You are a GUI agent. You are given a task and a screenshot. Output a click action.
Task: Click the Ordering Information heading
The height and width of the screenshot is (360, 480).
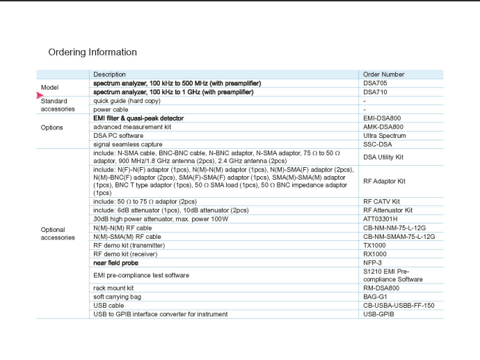93,52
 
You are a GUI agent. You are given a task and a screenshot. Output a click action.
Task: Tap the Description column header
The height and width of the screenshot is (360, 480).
109,75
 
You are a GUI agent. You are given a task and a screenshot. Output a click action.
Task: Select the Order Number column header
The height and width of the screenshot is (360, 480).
383,75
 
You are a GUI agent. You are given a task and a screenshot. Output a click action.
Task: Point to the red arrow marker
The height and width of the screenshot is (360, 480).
40,96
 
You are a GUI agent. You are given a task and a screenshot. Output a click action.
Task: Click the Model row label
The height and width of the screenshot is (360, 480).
49,88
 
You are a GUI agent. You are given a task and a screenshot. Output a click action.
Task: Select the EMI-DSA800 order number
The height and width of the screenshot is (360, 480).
382,118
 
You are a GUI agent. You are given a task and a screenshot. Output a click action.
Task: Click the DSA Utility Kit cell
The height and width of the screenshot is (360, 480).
383,157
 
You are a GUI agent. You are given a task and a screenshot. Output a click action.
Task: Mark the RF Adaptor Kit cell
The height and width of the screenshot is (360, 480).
385,182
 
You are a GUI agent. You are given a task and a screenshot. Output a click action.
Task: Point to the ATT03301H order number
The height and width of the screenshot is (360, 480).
382,219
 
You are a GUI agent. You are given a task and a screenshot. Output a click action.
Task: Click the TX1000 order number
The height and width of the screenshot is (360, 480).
375,246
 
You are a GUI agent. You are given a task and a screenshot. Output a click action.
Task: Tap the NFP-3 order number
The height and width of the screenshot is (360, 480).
373,263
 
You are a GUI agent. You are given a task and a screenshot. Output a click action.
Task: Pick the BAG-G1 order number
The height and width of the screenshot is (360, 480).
375,297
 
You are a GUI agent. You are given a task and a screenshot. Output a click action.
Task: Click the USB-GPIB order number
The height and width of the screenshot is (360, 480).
378,314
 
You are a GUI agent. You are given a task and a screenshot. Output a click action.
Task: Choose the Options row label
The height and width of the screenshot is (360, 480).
51,127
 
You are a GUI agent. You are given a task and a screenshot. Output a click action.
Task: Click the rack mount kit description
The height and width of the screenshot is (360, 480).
113,288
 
